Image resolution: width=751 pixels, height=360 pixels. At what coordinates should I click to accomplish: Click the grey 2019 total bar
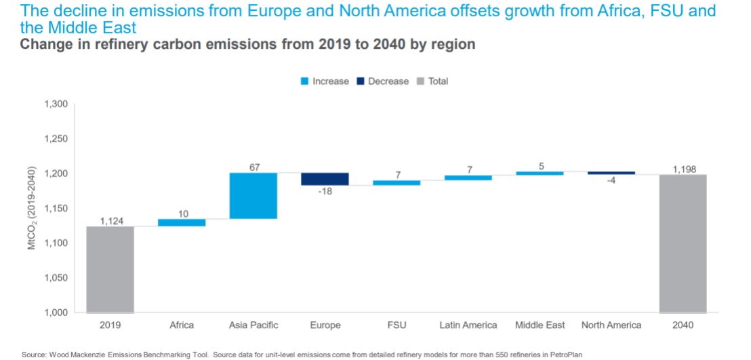110,269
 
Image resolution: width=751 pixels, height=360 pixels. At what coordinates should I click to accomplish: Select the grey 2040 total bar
683,243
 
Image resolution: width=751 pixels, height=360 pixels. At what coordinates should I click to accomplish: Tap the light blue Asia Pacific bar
253,196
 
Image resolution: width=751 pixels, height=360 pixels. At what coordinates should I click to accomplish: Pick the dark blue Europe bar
325,179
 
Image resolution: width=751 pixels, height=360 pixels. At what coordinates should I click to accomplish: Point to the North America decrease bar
611,173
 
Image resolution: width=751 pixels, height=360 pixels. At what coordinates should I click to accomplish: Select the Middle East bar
540,174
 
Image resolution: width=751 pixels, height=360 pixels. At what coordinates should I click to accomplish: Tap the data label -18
325,192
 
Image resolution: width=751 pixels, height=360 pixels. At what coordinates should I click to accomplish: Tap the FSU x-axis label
397,325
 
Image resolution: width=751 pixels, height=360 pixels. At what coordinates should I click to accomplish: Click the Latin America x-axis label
468,325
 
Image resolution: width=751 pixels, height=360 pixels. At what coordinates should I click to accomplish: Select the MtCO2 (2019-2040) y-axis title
32,208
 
